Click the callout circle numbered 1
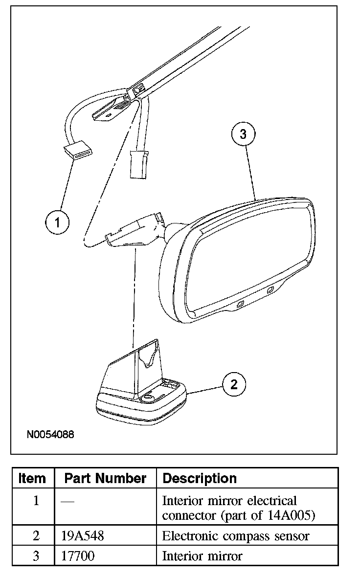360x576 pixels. (x=57, y=222)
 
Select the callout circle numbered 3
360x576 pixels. (x=243, y=134)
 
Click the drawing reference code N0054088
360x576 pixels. (x=50, y=434)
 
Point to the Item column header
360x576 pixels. (x=32, y=478)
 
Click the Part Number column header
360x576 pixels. (x=105, y=478)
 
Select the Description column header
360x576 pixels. (x=200, y=478)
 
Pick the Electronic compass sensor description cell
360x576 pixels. (x=235, y=536)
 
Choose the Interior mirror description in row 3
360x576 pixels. (x=202, y=556)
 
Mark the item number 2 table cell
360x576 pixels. (x=36, y=536)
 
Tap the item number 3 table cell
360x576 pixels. (x=36, y=556)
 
